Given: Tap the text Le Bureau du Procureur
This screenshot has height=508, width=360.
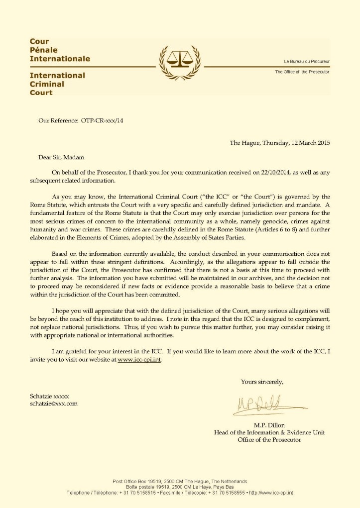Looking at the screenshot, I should pyautogui.click(x=306, y=61).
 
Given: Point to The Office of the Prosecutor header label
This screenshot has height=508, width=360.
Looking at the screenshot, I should pyautogui.click(x=302, y=72).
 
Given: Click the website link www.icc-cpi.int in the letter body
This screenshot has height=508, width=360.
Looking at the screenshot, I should pyautogui.click(x=140, y=360).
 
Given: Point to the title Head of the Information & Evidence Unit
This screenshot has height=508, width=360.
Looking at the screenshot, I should pyautogui.click(x=269, y=432).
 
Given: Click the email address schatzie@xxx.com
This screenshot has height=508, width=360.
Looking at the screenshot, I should pyautogui.click(x=54, y=404).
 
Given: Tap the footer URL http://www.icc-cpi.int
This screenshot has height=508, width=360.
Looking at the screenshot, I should pyautogui.click(x=271, y=492).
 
